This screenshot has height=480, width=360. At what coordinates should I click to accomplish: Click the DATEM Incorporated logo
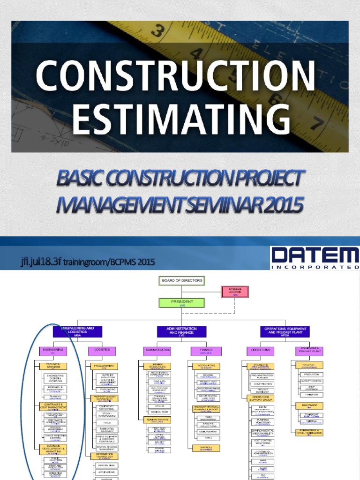[315, 258]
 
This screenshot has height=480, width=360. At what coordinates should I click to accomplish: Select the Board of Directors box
[182, 281]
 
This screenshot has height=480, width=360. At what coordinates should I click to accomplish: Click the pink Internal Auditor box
[234, 292]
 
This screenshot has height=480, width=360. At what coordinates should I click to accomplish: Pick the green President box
[182, 303]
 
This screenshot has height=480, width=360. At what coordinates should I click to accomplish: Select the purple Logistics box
[102, 351]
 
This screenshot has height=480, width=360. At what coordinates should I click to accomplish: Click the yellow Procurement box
[102, 366]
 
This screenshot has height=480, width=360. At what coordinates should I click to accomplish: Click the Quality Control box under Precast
[312, 381]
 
